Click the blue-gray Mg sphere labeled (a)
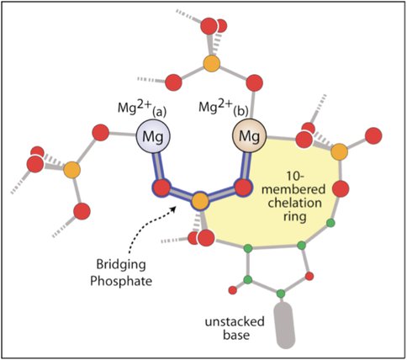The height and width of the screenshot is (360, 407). coord(153,136)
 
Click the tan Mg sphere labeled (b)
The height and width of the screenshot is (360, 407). coord(249,136)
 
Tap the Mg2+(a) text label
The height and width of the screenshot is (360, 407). coord(142,108)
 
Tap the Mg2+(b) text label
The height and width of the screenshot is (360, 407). coord(224,107)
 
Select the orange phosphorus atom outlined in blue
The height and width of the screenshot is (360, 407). coord(200,201)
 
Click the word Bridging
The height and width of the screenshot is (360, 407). coord(121,265)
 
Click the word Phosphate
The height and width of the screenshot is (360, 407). coord(121,282)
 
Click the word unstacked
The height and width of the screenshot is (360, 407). coord(235,321)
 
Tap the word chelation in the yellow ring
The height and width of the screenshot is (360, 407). coord(294,203)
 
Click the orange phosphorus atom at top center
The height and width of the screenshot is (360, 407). coord(211,63)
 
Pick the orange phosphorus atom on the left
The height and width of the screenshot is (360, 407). coord(71,170)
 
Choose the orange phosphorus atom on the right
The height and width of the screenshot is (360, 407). coord(340,151)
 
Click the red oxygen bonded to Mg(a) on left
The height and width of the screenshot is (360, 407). coord(101,133)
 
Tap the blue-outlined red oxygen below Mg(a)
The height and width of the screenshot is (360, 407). coord(161,188)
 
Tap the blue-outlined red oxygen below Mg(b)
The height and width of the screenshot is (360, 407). coord(243,188)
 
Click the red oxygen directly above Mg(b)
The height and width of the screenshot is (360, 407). coord(255,83)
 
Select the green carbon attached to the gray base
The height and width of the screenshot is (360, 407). coord(281,294)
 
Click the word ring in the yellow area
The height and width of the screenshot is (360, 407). coord(294,217)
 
